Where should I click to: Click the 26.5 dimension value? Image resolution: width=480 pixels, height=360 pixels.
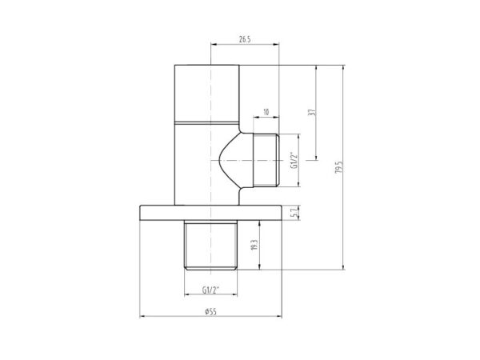point(245,39)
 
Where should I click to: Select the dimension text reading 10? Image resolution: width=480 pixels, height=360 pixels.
point(266,112)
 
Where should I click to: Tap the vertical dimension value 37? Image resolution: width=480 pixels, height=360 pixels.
point(313,112)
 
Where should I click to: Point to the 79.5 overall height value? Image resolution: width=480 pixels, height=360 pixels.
point(338,167)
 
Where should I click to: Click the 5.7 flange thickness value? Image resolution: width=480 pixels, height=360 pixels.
point(294,213)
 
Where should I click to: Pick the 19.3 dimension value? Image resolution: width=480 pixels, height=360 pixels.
point(254,245)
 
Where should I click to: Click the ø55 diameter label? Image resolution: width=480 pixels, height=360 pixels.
point(210,312)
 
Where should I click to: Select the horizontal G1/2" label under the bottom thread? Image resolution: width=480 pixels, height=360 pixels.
point(211,290)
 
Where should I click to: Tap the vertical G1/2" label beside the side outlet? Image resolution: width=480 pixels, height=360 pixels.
point(294,160)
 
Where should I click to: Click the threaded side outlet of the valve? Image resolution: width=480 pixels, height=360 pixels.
point(266,160)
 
